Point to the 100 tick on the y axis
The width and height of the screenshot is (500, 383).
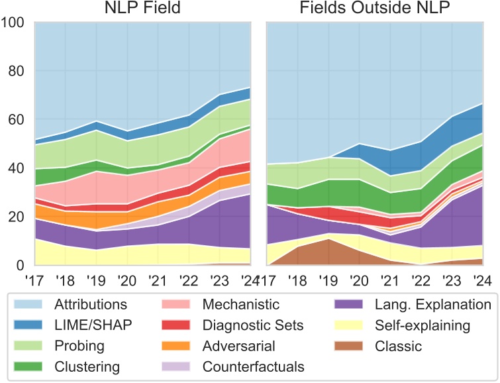13,23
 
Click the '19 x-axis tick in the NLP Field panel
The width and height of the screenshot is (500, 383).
97,278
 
